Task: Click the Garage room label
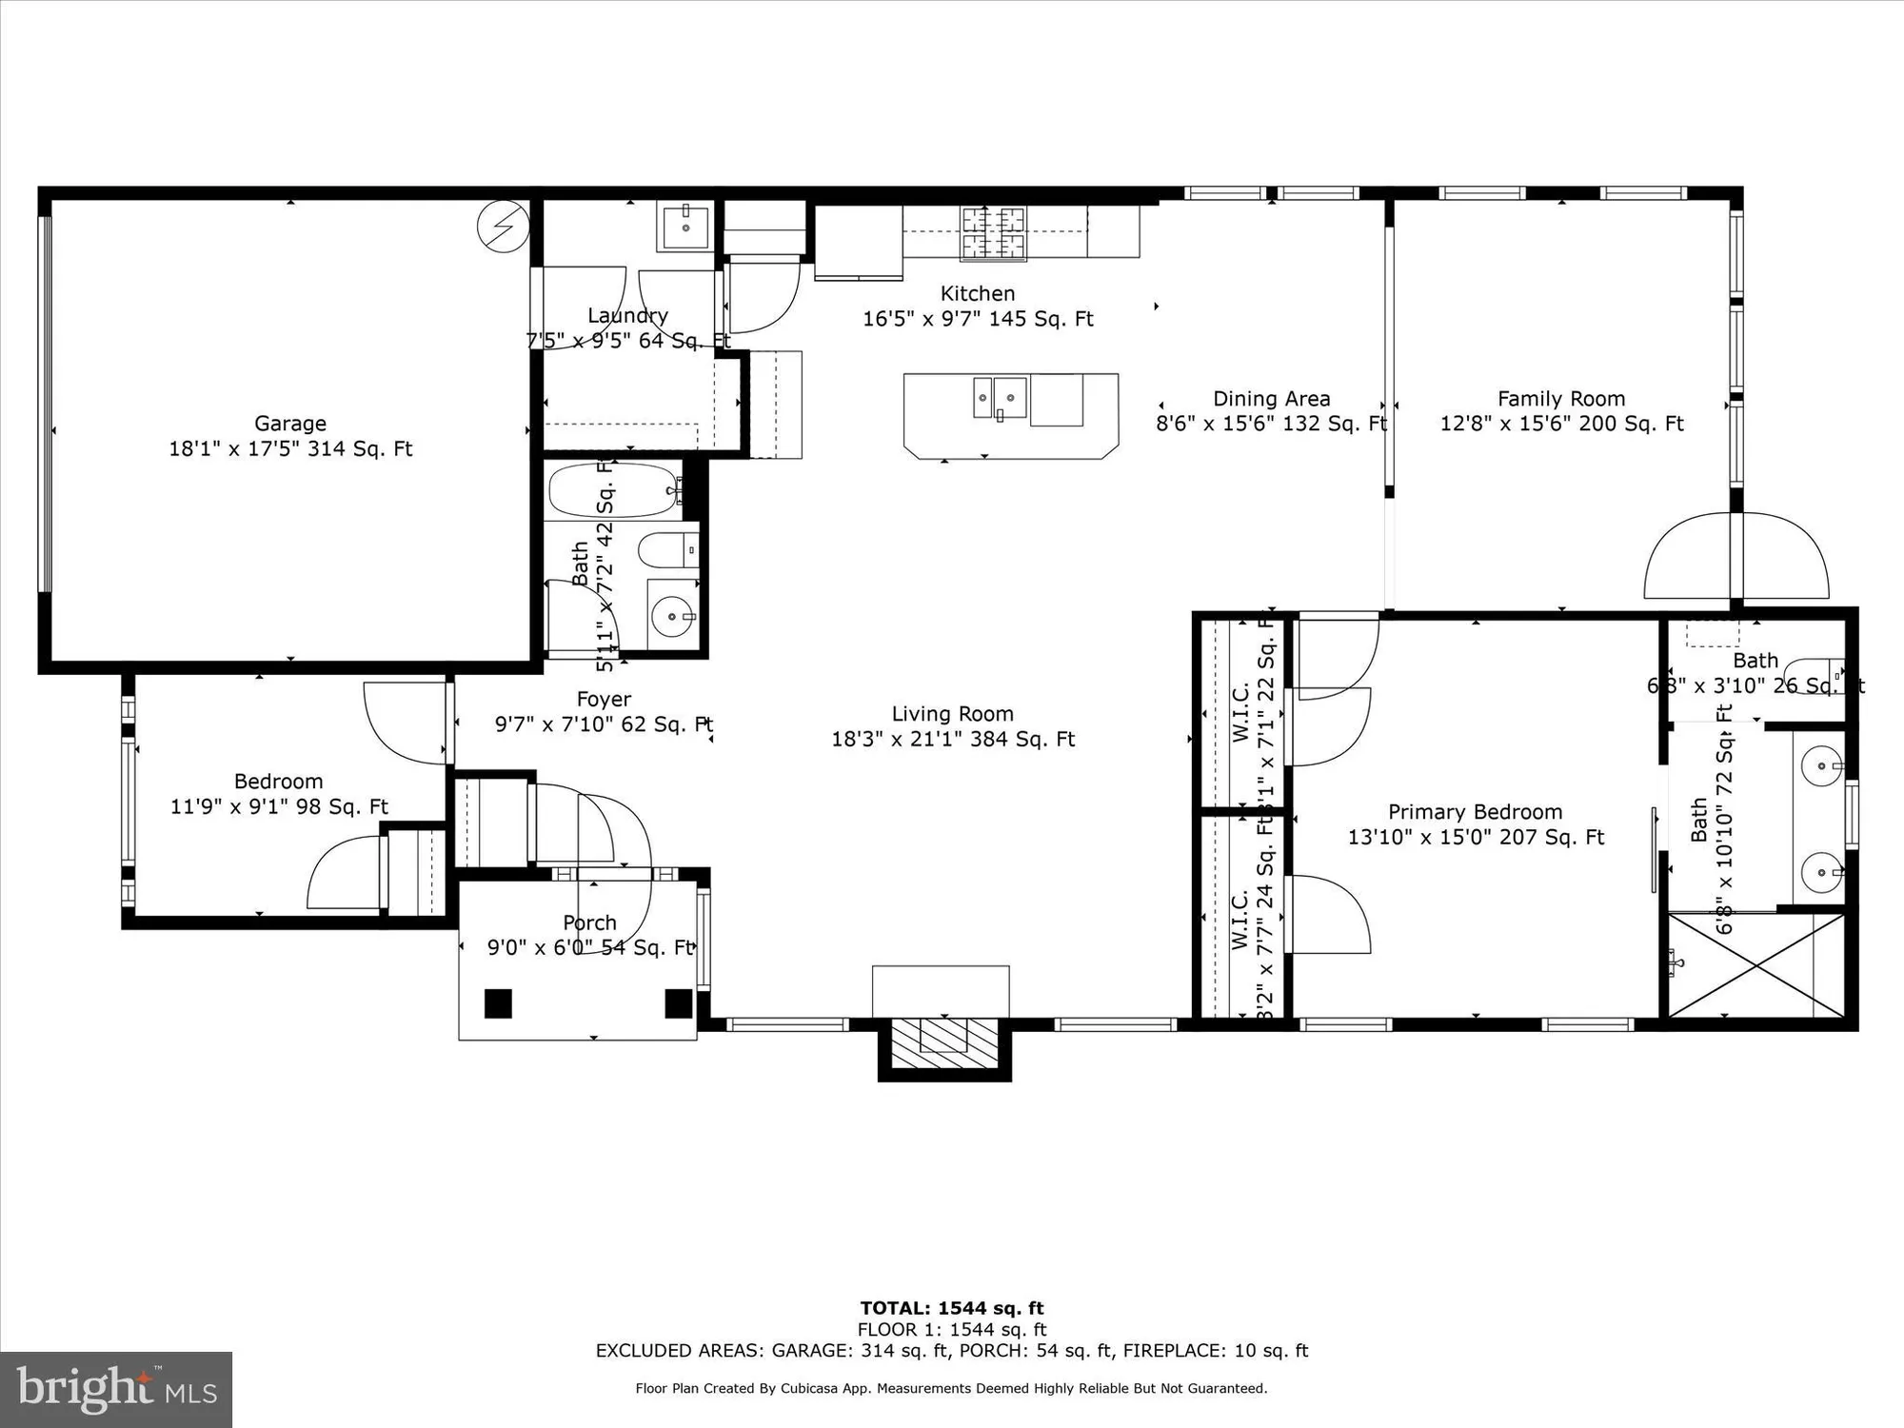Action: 290,424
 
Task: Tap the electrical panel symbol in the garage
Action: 503,227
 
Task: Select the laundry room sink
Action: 685,226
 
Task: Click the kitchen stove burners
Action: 995,233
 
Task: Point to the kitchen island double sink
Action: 1000,398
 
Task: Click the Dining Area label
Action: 1271,399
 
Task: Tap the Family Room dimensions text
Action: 1561,424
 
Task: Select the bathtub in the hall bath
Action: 614,490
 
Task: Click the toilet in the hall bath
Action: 666,550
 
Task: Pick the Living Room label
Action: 952,714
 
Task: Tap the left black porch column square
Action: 498,1003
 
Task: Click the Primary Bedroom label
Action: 1475,812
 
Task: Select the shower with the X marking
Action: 1757,965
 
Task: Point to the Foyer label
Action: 604,700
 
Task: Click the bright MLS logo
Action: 116,1390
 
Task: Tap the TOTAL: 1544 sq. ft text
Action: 952,1308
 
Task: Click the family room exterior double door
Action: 1735,557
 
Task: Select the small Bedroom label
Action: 278,782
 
